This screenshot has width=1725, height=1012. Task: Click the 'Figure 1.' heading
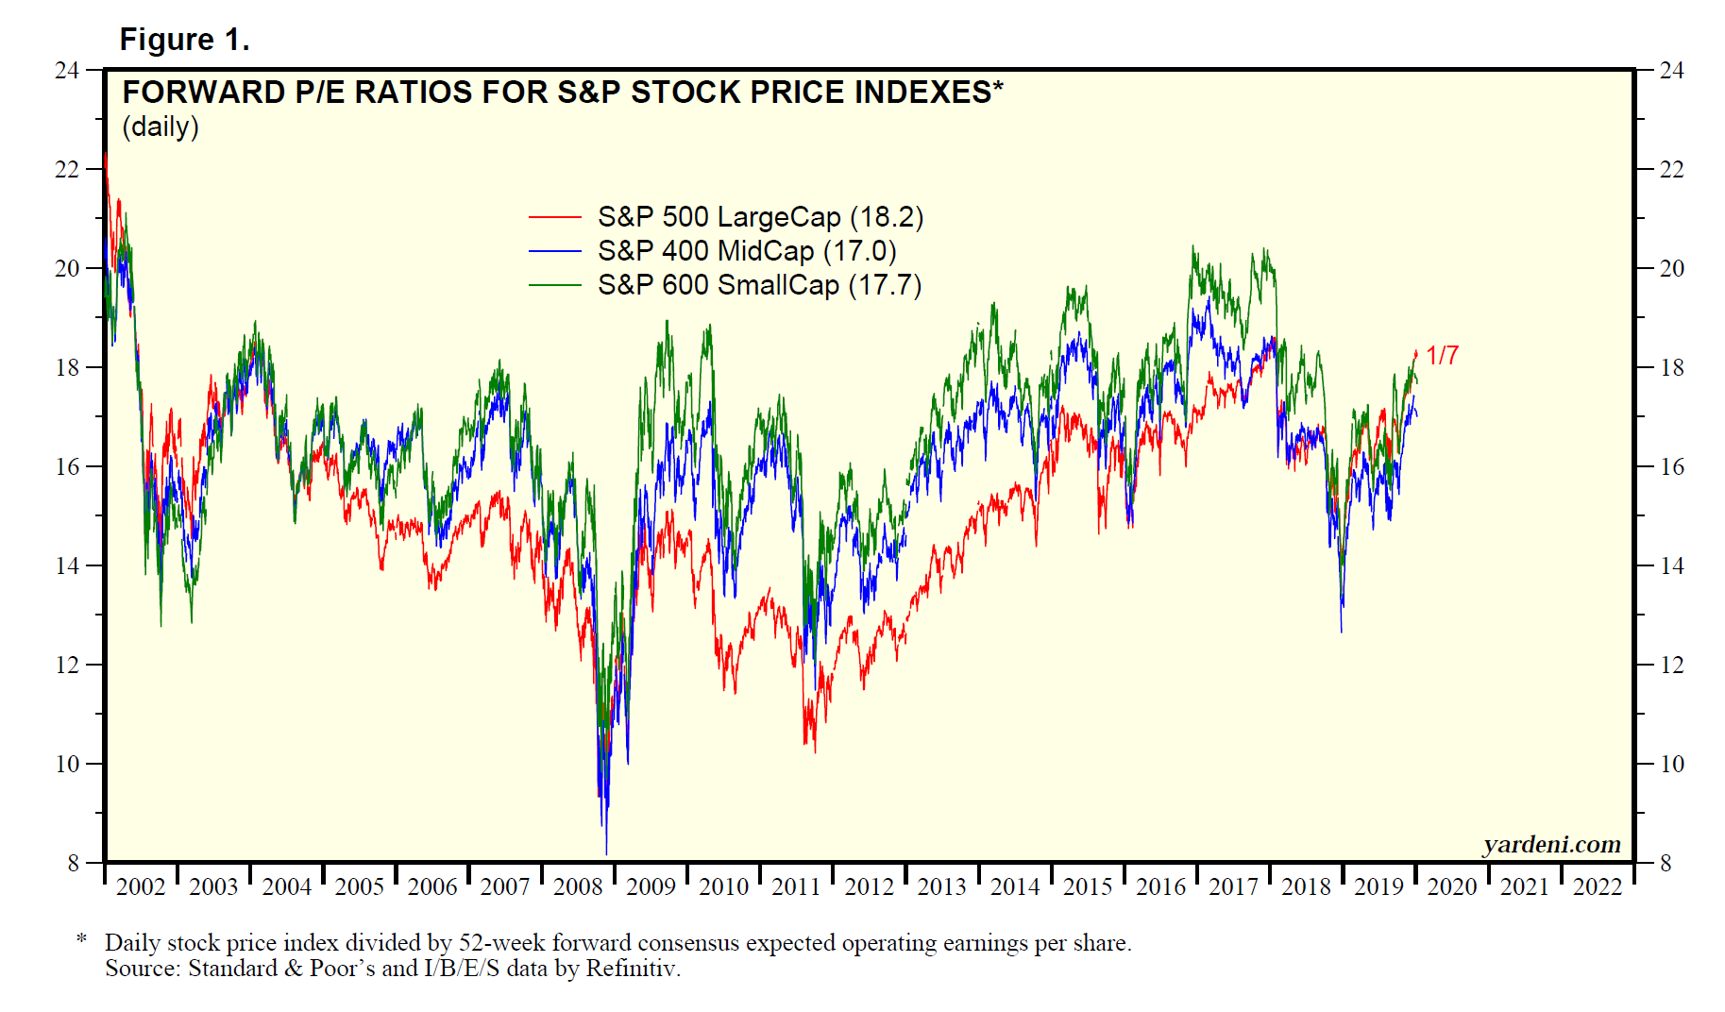pyautogui.click(x=184, y=40)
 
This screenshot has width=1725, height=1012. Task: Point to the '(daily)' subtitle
pyautogui.click(x=161, y=126)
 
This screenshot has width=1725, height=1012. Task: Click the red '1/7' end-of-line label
pyautogui.click(x=1442, y=356)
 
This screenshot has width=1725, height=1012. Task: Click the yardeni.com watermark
pyautogui.click(x=1551, y=844)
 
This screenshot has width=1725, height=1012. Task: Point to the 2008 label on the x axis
pyautogui.click(x=578, y=887)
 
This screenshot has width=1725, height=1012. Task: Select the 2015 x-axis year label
pyautogui.click(x=1088, y=887)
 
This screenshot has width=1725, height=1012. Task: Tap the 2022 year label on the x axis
pyautogui.click(x=1598, y=887)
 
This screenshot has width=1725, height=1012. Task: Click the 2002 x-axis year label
pyautogui.click(x=141, y=887)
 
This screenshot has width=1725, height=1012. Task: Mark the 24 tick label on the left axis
pyautogui.click(x=67, y=71)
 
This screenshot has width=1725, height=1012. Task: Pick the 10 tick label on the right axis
pyautogui.click(x=1672, y=764)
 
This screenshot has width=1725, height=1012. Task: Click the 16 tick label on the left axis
pyautogui.click(x=67, y=466)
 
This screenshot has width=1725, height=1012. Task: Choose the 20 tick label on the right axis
pyautogui.click(x=1672, y=269)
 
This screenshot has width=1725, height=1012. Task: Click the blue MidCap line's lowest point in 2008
pyautogui.click(x=606, y=853)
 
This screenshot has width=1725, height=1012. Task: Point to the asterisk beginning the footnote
pyautogui.click(x=82, y=939)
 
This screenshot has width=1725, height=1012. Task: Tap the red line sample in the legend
pyautogui.click(x=554, y=217)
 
